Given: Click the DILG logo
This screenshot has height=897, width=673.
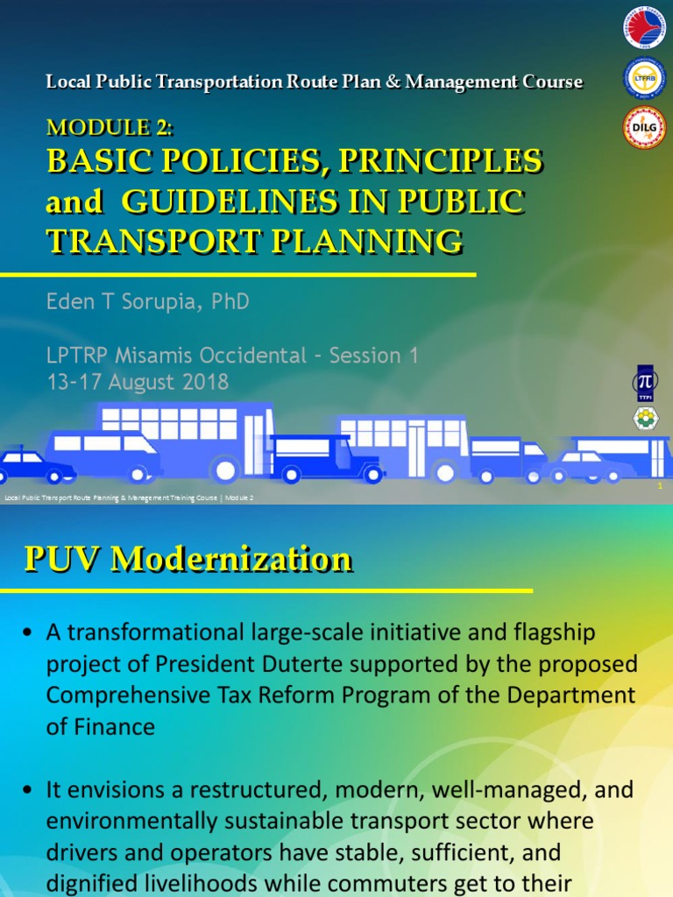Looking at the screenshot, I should click(x=644, y=127).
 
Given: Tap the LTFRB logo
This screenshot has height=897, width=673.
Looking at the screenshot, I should click(x=644, y=78).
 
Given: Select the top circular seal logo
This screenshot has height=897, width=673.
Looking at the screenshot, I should click(x=644, y=29).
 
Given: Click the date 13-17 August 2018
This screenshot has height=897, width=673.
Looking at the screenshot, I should click(x=138, y=382).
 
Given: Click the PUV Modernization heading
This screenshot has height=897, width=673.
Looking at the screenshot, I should click(x=188, y=559).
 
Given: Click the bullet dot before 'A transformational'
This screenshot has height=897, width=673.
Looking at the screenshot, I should click(x=30, y=632).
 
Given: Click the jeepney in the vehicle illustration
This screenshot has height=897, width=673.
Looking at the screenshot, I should click(x=327, y=457).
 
